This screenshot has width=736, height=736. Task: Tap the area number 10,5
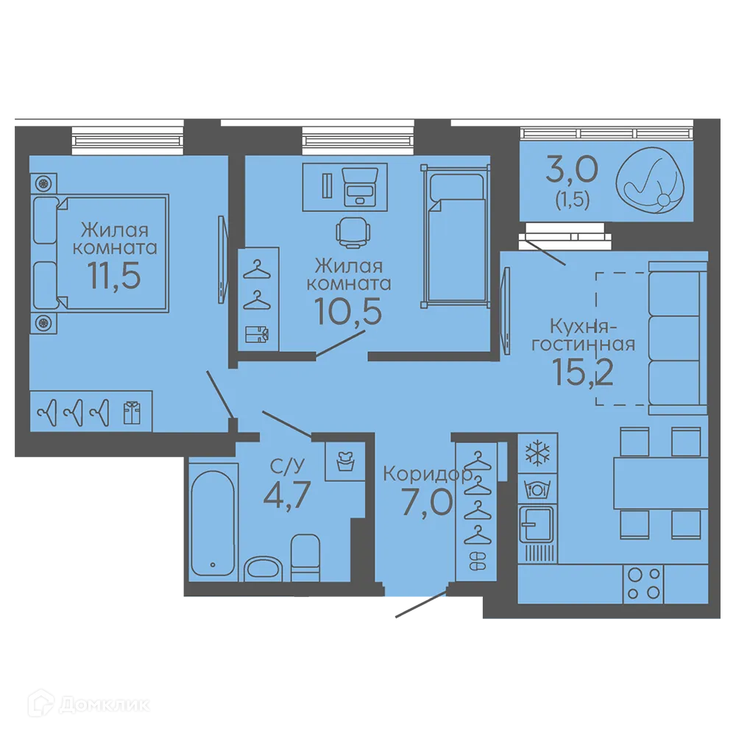pyautogui.click(x=348, y=311)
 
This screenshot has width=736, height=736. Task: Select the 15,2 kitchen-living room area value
pyautogui.click(x=582, y=371)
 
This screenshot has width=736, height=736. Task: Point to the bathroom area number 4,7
pyautogui.click(x=287, y=495)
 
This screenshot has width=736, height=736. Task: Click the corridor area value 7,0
pyautogui.click(x=428, y=502)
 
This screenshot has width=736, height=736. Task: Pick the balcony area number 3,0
pyautogui.click(x=572, y=169)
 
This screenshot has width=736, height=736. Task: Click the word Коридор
pyautogui.click(x=428, y=475)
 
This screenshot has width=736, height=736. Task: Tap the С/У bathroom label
pyautogui.click(x=287, y=466)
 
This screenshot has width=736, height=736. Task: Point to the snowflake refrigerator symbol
pyautogui.click(x=537, y=453)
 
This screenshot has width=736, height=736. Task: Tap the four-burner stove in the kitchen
pyautogui.click(x=643, y=584)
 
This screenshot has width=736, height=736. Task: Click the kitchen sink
pyautogui.click(x=536, y=524)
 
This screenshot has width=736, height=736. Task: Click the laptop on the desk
pyautogui.click(x=360, y=187)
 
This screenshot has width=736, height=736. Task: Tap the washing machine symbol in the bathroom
pyautogui.click(x=345, y=461)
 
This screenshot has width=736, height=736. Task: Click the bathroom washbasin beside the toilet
pyautogui.click(x=263, y=568)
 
